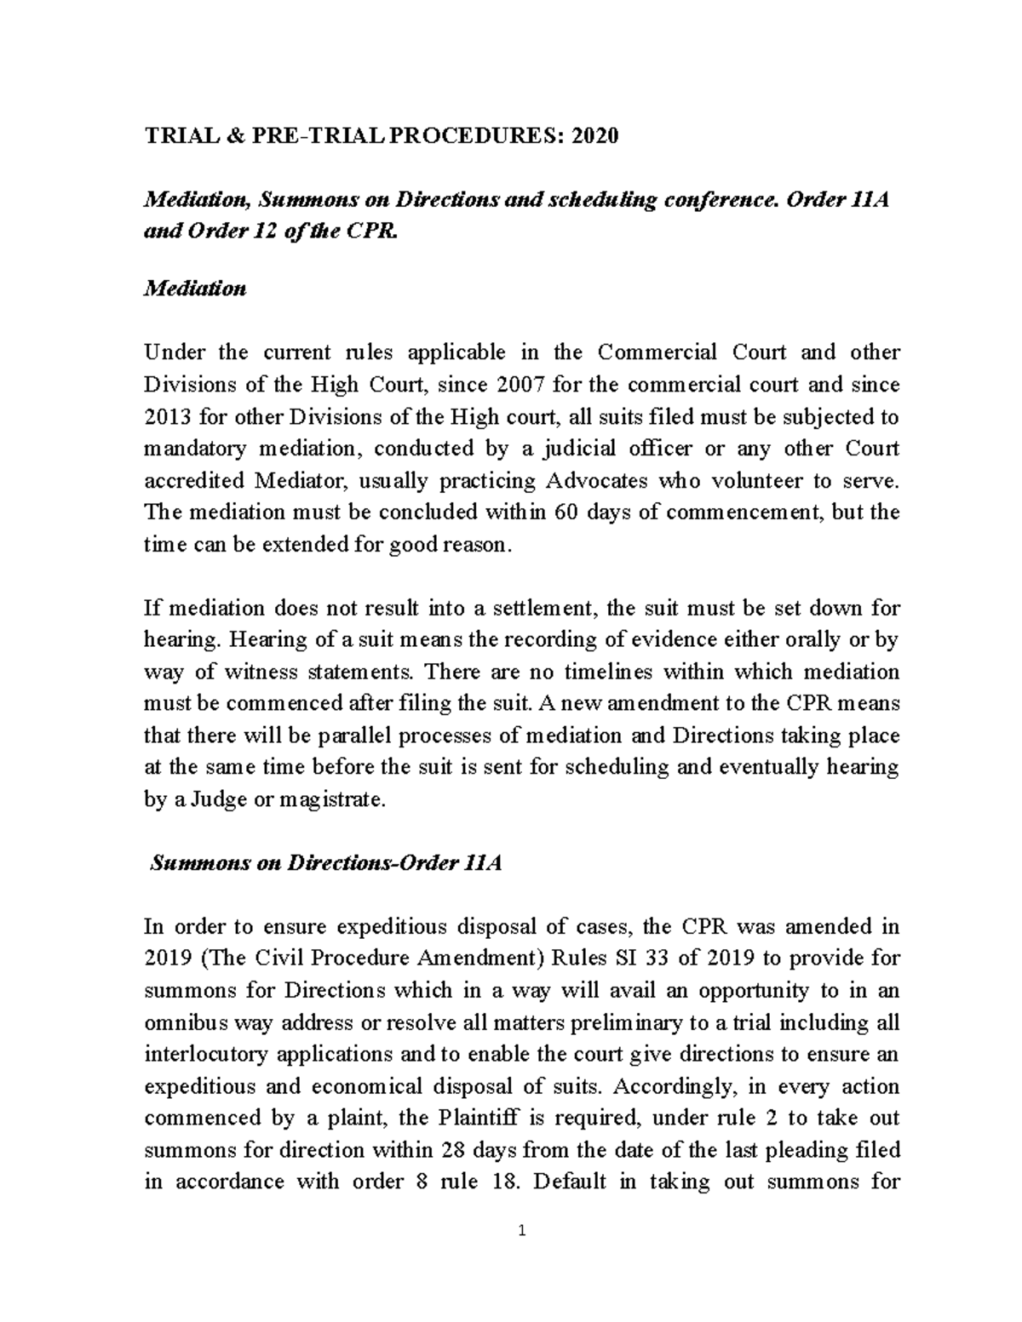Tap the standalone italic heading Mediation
click(195, 289)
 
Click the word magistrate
click(337, 800)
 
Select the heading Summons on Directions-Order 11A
click(325, 863)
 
